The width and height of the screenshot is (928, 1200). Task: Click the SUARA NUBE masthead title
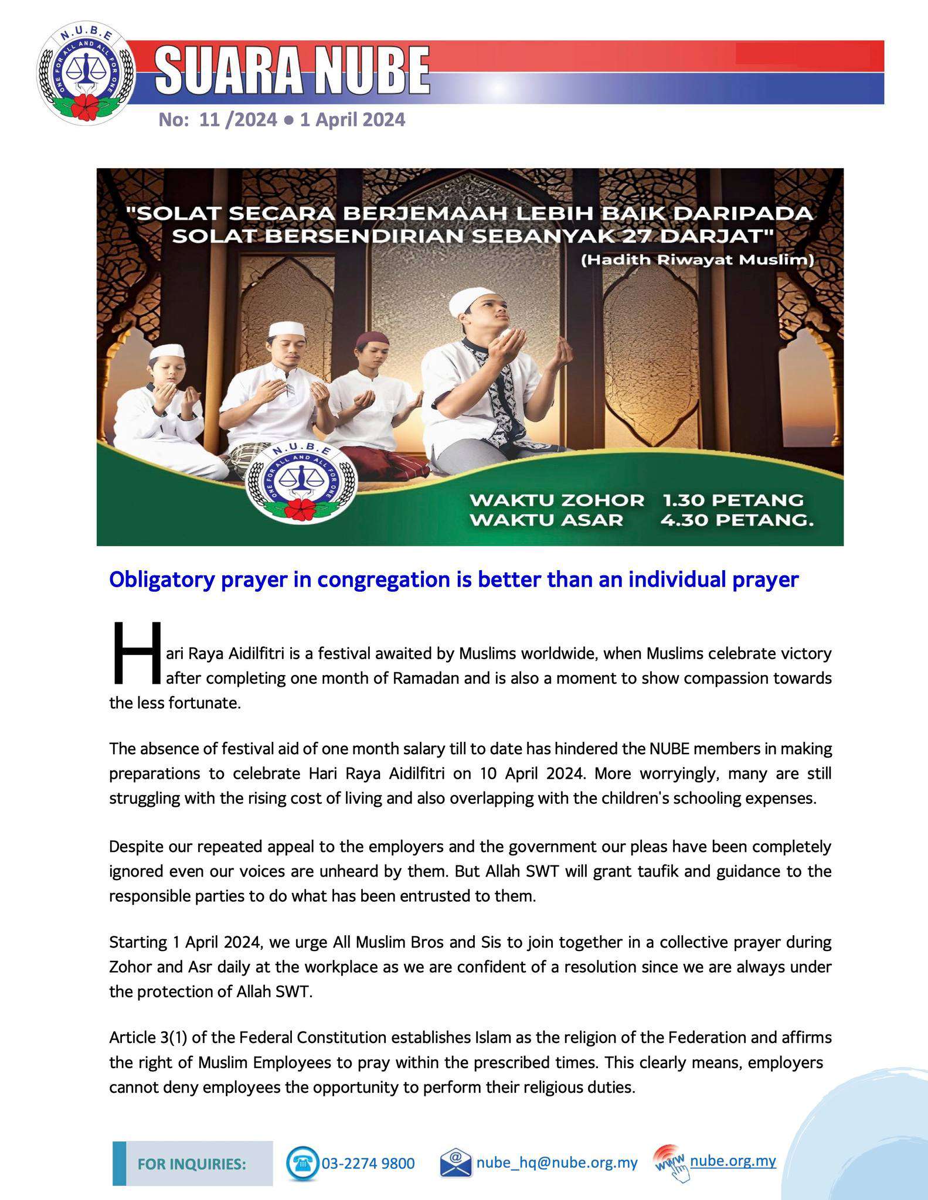[x=293, y=71]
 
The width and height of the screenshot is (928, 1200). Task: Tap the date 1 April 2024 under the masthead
[x=352, y=120]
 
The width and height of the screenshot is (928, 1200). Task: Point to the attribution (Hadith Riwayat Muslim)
[x=697, y=260]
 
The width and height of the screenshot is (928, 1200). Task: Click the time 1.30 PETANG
[x=733, y=500]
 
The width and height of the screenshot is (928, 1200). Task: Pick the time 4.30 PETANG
[x=737, y=520]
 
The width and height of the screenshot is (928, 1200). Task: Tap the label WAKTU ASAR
[x=546, y=520]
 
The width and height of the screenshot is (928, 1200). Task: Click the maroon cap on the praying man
[x=373, y=339]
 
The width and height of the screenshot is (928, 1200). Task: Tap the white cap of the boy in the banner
[x=166, y=352]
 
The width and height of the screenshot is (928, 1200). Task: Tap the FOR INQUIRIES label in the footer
[x=192, y=1164]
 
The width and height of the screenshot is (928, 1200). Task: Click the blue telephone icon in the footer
[x=302, y=1163]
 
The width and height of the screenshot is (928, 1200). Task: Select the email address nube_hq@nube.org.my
[x=556, y=1162]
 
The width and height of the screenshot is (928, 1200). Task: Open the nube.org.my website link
[x=733, y=1160]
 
